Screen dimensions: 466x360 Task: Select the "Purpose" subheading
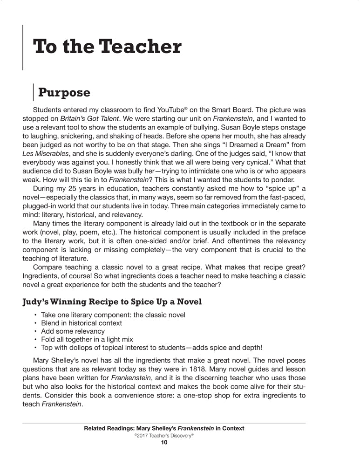pos(64,92)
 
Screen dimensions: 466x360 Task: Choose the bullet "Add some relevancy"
pos(73,331)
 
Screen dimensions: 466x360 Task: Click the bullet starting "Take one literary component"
pos(113,315)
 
